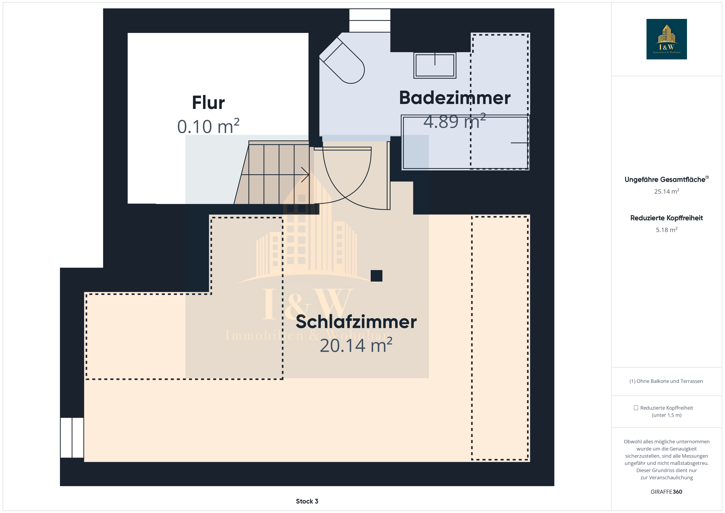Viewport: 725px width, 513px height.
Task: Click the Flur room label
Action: (x=208, y=103)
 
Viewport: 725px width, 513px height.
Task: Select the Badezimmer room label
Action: (x=455, y=98)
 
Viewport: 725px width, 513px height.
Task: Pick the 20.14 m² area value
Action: (x=356, y=345)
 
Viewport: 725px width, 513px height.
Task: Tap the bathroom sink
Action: (x=435, y=65)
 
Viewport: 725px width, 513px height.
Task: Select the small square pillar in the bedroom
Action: (x=376, y=276)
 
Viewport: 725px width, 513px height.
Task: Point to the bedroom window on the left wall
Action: (x=72, y=438)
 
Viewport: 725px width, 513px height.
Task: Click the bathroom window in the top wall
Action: (x=370, y=20)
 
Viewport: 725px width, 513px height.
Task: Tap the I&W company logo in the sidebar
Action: (x=667, y=39)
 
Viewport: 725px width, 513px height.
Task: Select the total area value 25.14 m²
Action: (x=667, y=191)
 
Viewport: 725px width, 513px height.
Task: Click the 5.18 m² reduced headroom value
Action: (x=667, y=230)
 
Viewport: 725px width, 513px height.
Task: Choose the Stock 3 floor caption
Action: (x=307, y=501)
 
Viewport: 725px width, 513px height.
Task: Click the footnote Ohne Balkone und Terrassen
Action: (x=670, y=381)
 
